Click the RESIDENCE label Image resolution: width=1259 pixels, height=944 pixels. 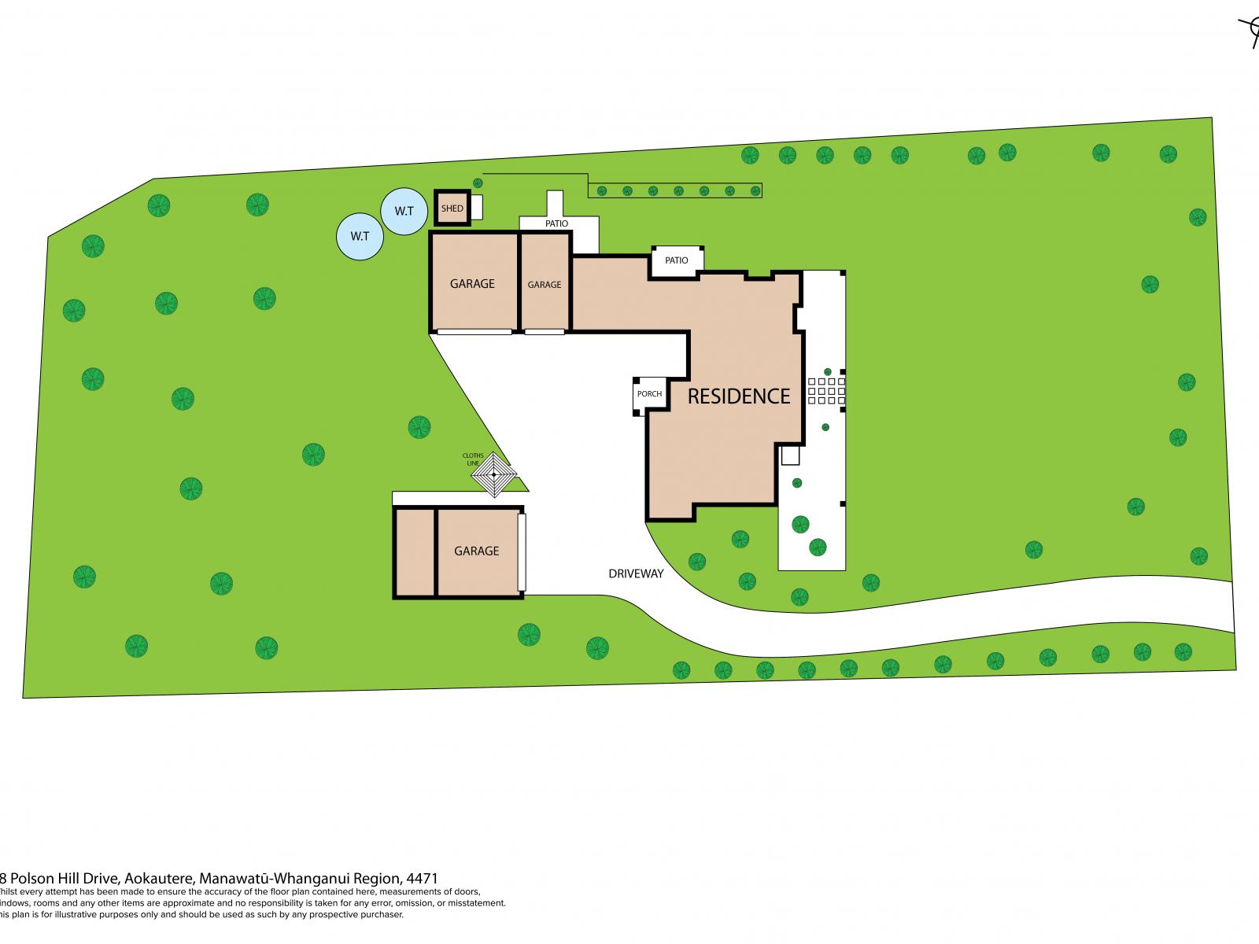point(738,396)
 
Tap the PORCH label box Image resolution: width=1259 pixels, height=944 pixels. point(649,394)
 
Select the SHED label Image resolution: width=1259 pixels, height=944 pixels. point(452,208)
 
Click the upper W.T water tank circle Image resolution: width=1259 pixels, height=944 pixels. point(404,211)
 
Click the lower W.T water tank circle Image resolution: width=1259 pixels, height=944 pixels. point(360,235)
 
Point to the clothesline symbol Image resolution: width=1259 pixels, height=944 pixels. point(493,474)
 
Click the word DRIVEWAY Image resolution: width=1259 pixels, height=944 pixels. point(636,573)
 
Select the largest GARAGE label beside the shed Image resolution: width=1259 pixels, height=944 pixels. point(472,283)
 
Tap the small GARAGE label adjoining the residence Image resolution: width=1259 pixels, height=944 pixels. point(544,285)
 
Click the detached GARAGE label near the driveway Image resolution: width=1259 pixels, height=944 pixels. point(476,551)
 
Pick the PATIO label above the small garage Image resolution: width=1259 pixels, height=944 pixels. point(556,224)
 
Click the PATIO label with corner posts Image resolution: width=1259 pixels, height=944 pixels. point(676,260)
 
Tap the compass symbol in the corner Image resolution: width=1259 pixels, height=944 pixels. point(1250,31)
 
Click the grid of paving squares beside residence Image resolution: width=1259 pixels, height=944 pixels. point(826,391)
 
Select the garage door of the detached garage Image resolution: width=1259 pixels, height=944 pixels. point(521,551)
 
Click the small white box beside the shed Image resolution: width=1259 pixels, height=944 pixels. point(476,208)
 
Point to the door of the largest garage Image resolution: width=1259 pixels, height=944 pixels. point(474,332)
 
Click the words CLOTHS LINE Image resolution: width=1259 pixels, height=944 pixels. point(473,459)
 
